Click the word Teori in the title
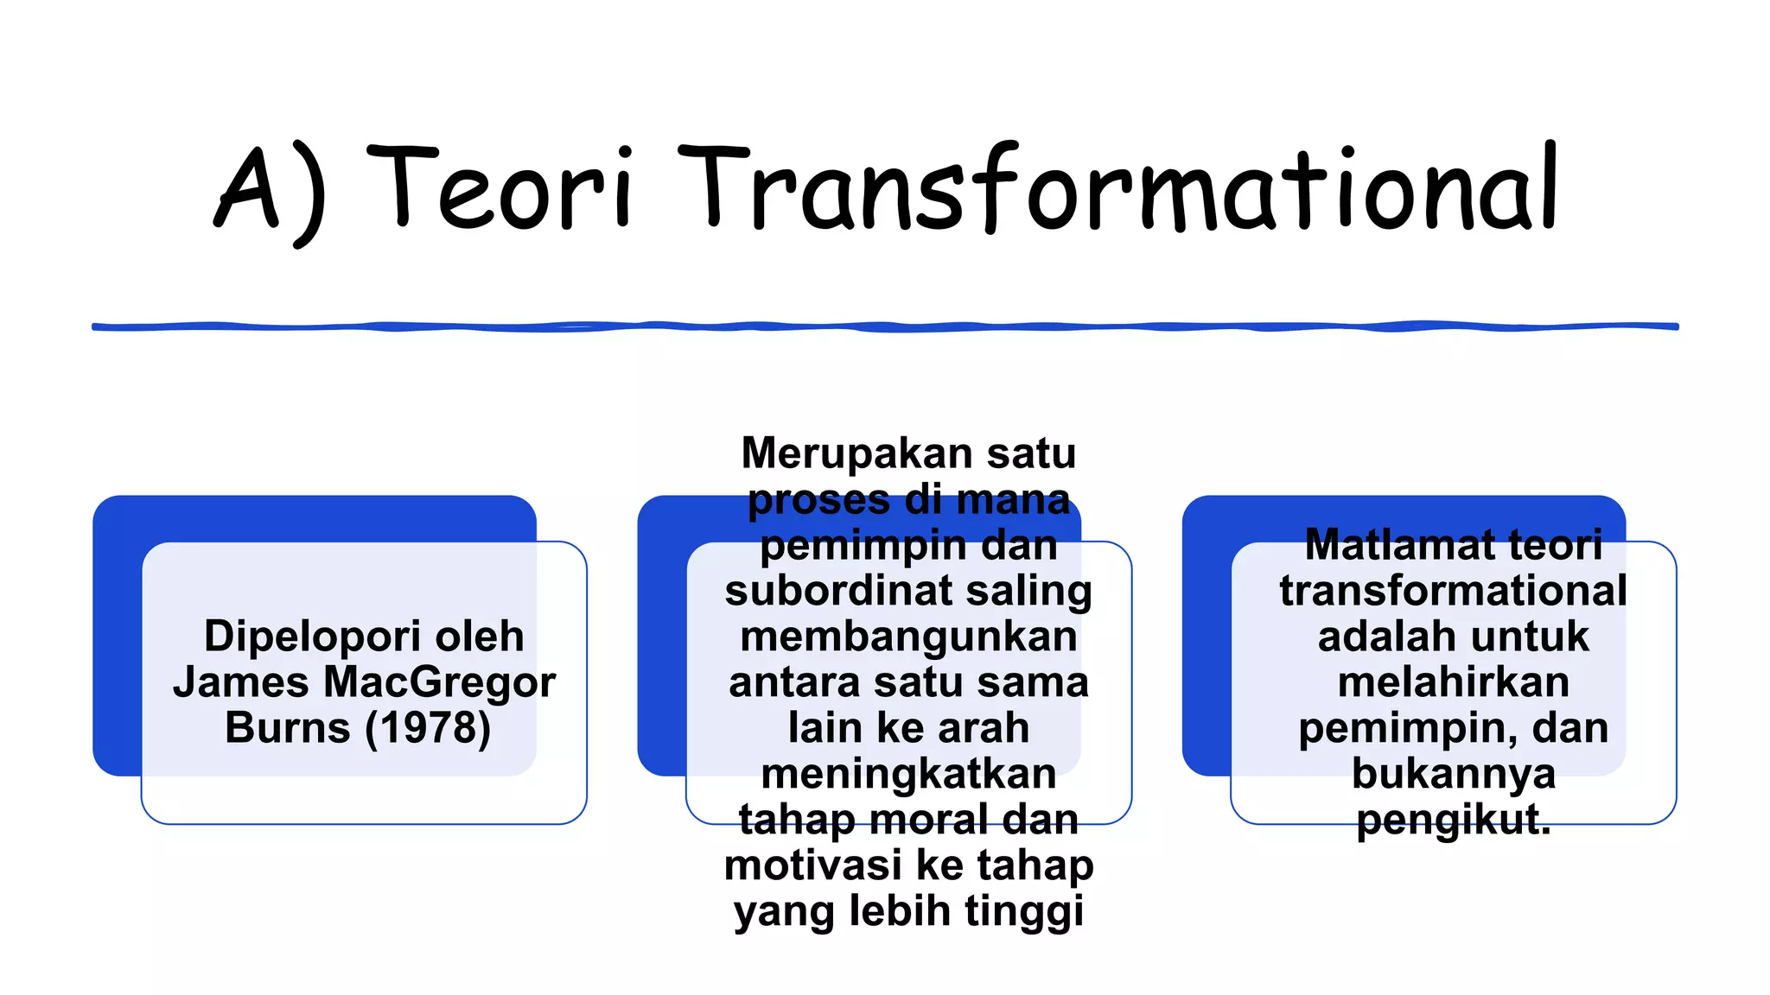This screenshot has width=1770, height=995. (501, 188)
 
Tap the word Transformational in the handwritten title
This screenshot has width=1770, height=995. (1119, 188)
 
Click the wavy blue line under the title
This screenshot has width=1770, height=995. (885, 326)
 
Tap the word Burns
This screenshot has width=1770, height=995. (287, 728)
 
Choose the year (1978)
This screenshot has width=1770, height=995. (428, 728)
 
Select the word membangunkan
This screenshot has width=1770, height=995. (908, 637)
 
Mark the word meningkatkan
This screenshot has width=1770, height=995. (908, 774)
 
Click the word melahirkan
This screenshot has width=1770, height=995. (1454, 682)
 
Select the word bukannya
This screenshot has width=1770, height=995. (1454, 774)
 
